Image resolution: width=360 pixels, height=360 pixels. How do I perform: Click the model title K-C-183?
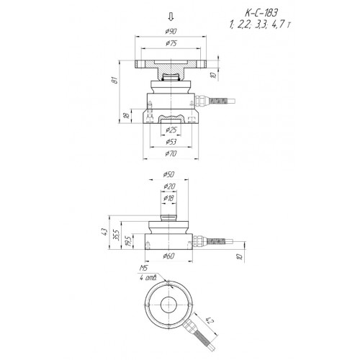click(261, 13)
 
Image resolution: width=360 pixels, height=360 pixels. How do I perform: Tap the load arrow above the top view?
click(171, 17)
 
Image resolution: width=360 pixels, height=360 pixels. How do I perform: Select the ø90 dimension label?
click(171, 31)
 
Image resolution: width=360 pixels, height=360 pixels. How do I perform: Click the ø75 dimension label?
click(171, 43)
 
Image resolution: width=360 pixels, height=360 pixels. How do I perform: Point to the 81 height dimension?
click(116, 80)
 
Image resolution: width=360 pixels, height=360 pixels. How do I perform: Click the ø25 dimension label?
click(171, 130)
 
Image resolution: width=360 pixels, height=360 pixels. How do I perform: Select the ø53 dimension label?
click(171, 142)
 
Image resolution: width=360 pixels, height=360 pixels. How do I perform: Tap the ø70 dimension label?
click(171, 153)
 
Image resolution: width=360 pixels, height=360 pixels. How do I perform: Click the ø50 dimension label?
click(168, 174)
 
